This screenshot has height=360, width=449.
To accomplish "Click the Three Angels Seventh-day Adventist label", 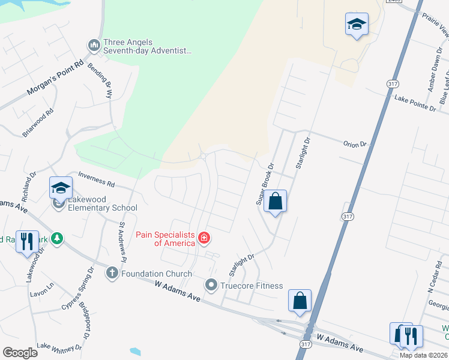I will point(147,47).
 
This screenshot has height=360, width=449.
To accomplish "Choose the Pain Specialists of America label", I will point(166,239).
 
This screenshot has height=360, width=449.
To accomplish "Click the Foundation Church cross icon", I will point(112,274).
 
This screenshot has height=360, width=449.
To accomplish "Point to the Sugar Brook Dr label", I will point(265,184).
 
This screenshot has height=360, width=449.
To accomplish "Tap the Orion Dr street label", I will point(354,144).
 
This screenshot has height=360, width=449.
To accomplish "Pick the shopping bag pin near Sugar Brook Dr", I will point(275,202).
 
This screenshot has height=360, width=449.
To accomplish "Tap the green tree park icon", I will point(57,239).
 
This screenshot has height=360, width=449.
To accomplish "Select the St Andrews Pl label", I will point(122,242).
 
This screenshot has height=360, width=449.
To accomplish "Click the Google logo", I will point(20,352).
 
